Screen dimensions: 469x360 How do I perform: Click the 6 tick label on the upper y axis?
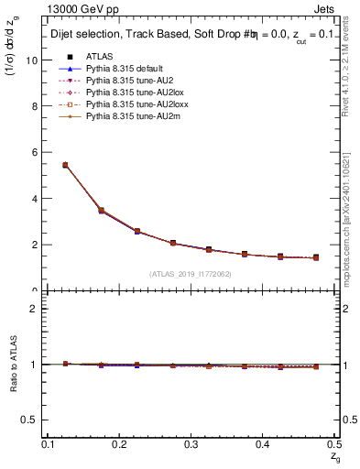[35, 152]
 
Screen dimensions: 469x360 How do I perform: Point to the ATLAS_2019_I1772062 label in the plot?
[191, 274]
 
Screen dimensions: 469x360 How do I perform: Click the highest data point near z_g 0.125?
[65, 165]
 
